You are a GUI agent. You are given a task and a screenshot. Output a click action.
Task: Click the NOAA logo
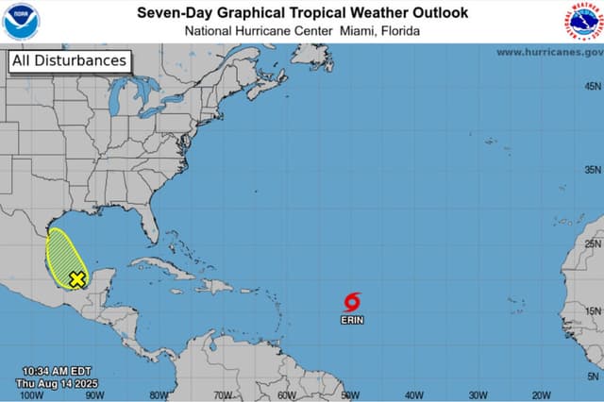pyautogui.click(x=20, y=21)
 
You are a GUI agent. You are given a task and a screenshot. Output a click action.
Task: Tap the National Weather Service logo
pyautogui.click(x=583, y=22)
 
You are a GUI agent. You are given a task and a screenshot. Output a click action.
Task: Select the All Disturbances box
pyautogui.click(x=68, y=61)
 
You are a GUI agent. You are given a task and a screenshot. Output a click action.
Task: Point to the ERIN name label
pyautogui.click(x=352, y=320)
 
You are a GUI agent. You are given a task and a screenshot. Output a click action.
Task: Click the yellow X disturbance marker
pyautogui.click(x=77, y=278)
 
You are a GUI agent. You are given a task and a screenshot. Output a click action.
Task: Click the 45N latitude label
pyautogui.click(x=592, y=86)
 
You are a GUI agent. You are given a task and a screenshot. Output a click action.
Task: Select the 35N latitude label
pyautogui.click(x=592, y=170)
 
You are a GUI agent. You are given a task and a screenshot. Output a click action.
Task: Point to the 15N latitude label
pyautogui.click(x=592, y=310)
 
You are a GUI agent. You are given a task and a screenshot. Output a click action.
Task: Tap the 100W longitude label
pyautogui.click(x=31, y=395)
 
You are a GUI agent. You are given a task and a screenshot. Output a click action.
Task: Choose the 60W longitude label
pyautogui.click(x=287, y=395)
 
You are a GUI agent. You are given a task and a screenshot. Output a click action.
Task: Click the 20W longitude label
pyautogui.click(x=542, y=395)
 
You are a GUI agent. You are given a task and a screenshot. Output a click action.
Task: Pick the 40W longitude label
pyautogui.click(x=414, y=395)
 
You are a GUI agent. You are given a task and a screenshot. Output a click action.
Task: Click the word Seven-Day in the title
pyautogui.click(x=171, y=12)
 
